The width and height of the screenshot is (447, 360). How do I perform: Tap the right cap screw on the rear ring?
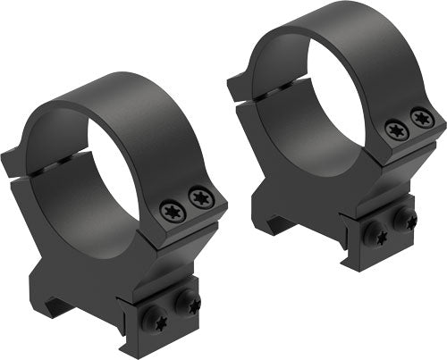click(x=420, y=116)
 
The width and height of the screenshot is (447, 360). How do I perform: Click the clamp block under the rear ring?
click(x=389, y=228)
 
